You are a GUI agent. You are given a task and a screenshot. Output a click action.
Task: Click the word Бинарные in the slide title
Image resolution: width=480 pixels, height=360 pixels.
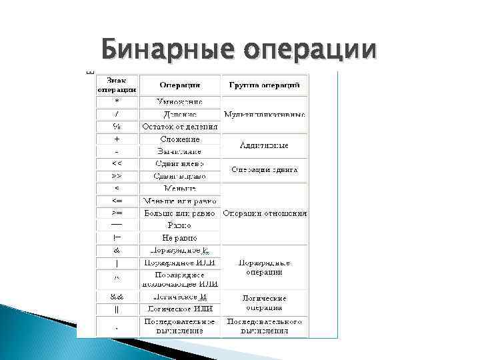(167, 49)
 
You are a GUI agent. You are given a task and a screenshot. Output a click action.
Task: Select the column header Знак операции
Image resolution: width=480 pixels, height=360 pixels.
(117, 85)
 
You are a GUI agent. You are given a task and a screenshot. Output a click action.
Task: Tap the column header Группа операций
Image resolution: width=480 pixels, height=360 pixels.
(265, 85)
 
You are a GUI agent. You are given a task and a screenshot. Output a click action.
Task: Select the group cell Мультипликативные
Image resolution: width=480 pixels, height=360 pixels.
(265, 114)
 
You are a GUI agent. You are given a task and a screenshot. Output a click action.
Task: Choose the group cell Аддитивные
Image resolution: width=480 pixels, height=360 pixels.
(265, 145)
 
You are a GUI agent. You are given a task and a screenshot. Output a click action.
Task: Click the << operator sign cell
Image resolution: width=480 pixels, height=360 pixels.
(117, 163)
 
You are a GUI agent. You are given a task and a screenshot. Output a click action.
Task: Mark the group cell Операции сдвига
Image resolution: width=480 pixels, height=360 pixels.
(265, 170)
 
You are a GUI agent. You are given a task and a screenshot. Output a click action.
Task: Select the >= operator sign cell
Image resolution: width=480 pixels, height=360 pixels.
(117, 213)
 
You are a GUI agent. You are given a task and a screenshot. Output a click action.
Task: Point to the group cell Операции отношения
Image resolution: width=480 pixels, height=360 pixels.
(265, 213)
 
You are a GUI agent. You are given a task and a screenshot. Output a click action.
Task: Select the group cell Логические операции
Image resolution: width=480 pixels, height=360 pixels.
(265, 303)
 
